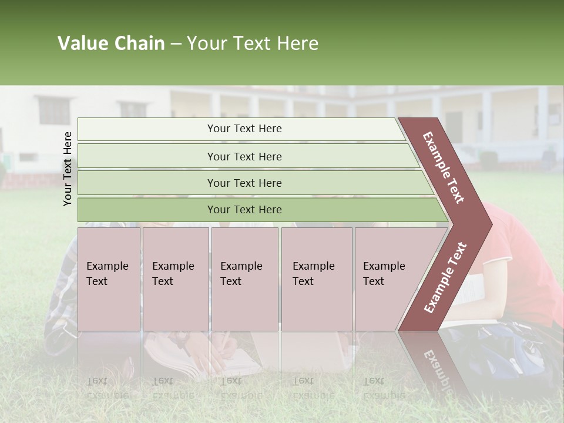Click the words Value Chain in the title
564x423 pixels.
point(111,43)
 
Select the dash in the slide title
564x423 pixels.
point(176,44)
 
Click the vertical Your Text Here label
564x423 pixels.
point(68,169)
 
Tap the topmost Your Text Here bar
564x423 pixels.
point(244,129)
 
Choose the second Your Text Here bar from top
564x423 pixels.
point(244,156)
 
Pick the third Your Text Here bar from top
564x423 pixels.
point(244,183)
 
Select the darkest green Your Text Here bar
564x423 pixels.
point(244,210)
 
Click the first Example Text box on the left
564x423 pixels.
point(109,278)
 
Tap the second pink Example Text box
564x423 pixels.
point(175,278)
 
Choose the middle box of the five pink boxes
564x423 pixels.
point(244,278)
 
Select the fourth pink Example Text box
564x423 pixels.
point(316,278)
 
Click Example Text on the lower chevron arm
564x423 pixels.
point(445,277)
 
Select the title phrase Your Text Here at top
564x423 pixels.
point(253,43)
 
